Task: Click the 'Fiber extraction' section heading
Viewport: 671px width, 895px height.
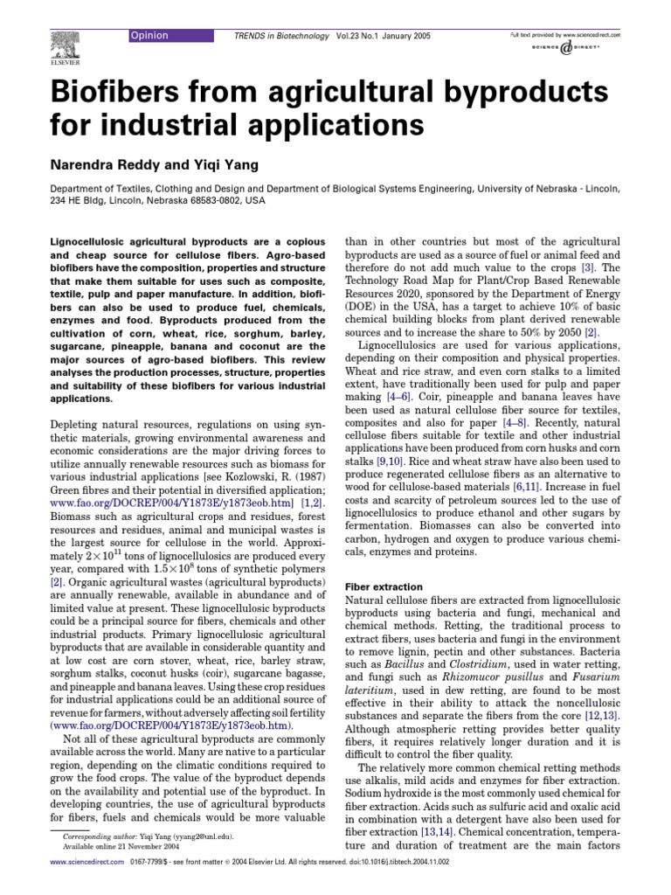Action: (384, 586)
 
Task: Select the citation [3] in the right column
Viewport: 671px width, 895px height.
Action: (588, 267)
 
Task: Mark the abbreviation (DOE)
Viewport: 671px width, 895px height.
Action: (364, 309)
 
